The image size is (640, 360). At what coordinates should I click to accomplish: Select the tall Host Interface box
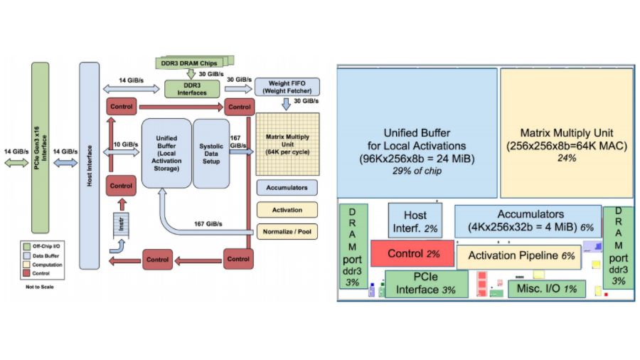tap(89, 165)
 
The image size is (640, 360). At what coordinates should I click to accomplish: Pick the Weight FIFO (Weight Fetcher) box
tap(287, 87)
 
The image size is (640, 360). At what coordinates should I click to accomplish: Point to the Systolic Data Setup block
tap(211, 152)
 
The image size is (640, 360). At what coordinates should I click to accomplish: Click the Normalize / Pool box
tap(287, 231)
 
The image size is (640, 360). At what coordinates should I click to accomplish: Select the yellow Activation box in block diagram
tap(287, 210)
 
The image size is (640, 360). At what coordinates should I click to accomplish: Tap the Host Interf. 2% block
tap(415, 221)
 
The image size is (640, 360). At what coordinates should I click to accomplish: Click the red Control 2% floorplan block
tap(412, 253)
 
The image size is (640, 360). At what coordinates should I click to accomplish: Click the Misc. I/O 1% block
tap(546, 288)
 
